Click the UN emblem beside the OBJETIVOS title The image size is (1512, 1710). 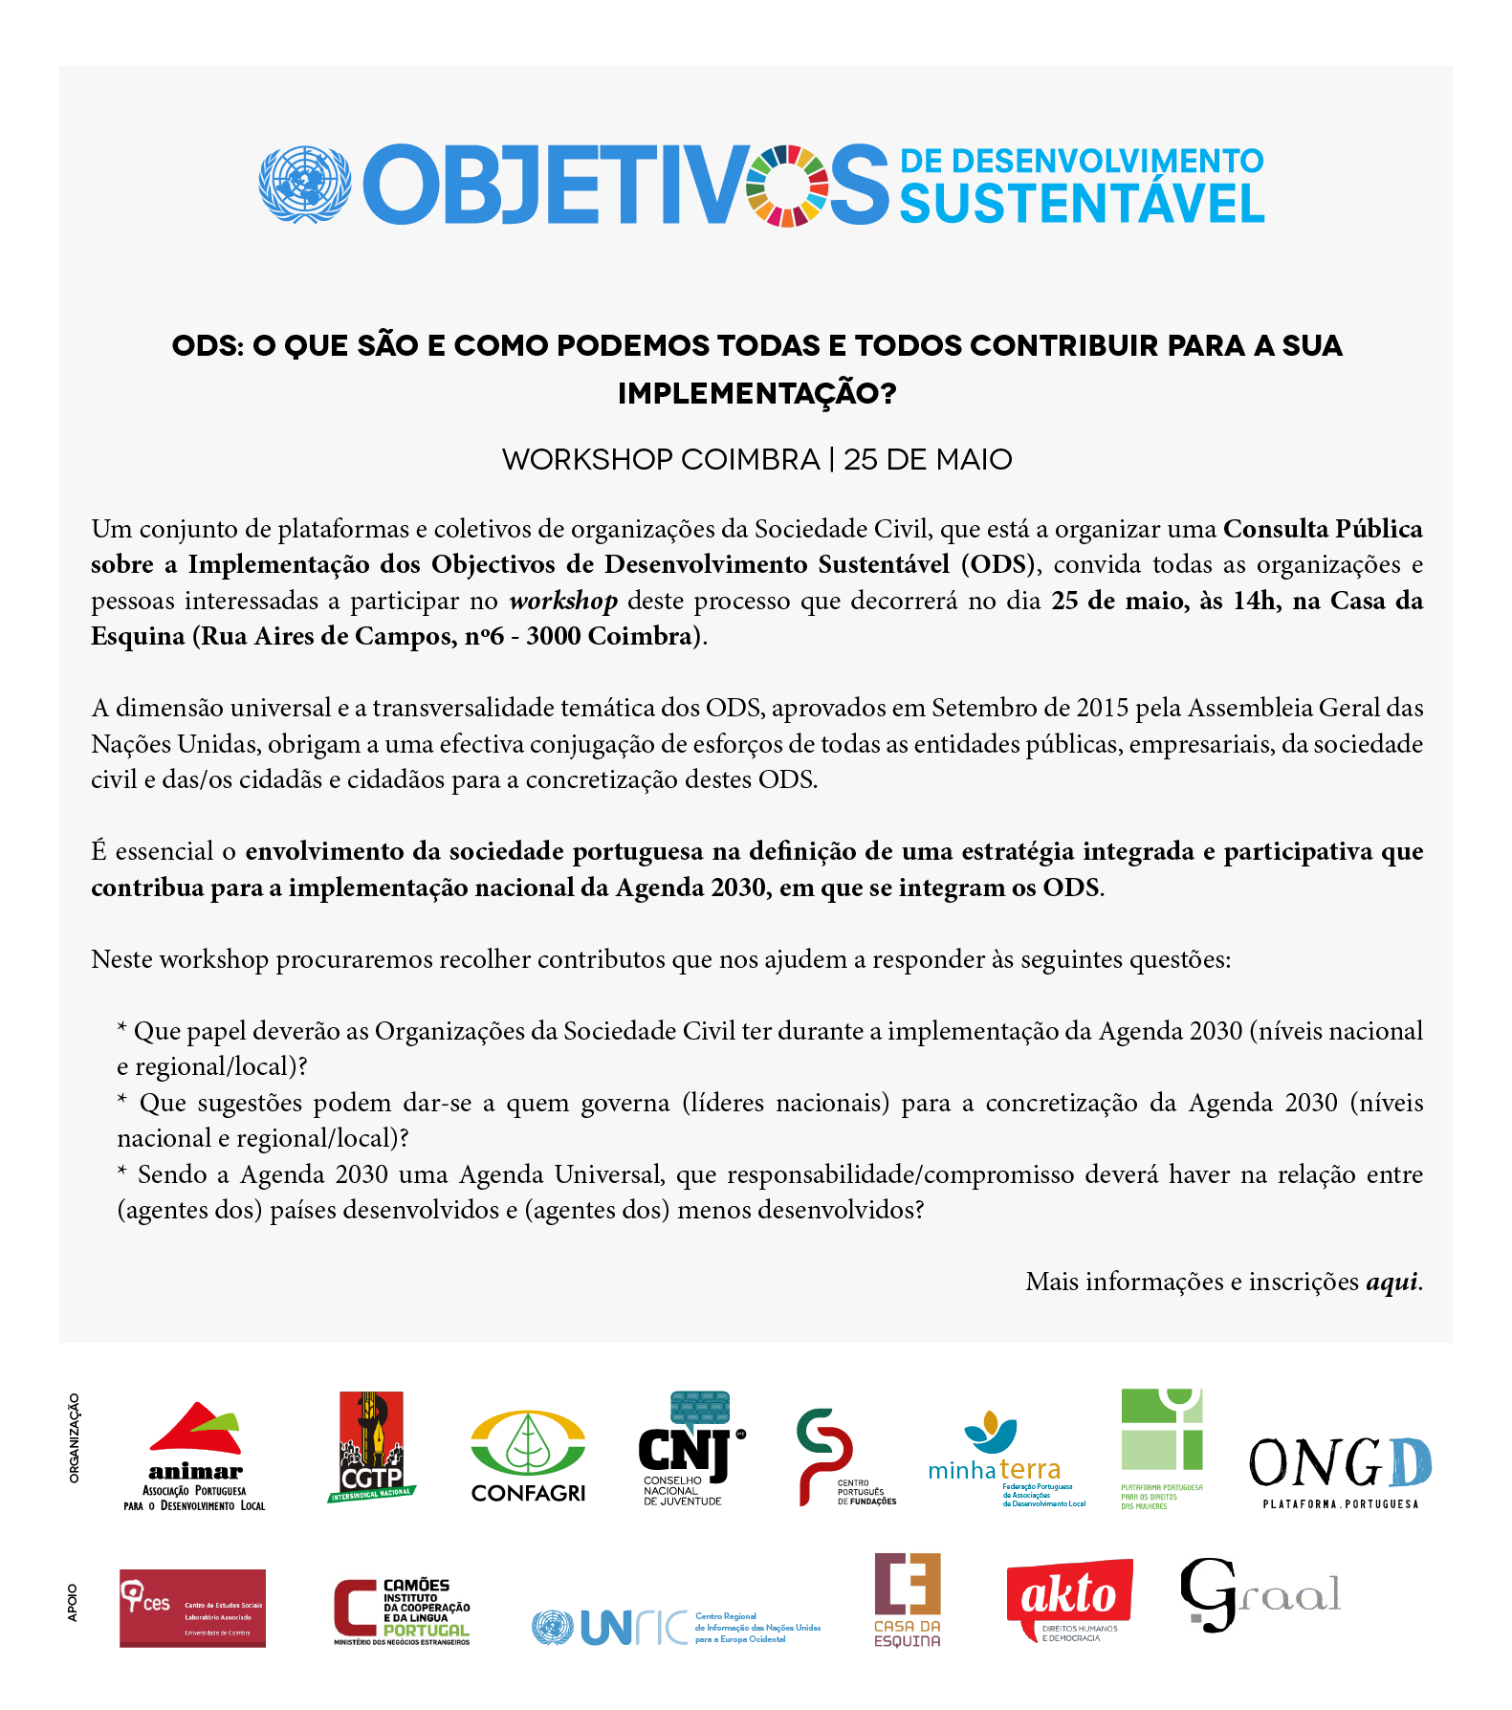(304, 186)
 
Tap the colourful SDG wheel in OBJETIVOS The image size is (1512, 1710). (787, 186)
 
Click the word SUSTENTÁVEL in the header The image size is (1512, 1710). (1082, 204)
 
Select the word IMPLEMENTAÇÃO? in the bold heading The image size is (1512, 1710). (756, 393)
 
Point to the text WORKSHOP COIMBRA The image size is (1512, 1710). (661, 460)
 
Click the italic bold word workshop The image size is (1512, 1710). (563, 601)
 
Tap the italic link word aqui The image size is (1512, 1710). (1391, 1282)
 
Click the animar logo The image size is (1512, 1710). (195, 1455)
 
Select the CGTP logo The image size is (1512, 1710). (372, 1447)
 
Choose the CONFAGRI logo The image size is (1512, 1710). (528, 1456)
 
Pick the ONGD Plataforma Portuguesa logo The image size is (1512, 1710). (1340, 1470)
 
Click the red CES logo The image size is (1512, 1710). (192, 1608)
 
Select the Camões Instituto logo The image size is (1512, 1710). (402, 1611)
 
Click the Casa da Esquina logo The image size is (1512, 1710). (908, 1600)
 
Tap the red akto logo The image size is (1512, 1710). (1069, 1599)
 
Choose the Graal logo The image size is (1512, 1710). (1259, 1594)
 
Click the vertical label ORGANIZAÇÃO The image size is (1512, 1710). (74, 1437)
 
